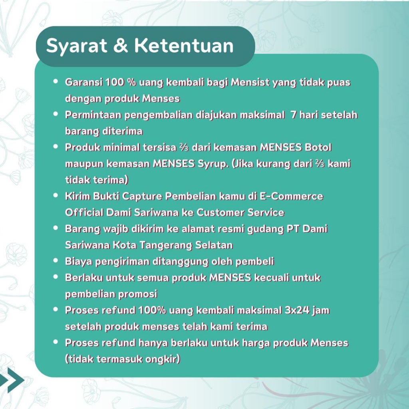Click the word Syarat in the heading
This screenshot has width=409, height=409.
pyautogui.click(x=76, y=46)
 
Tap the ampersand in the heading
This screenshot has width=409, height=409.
pyautogui.click(x=121, y=46)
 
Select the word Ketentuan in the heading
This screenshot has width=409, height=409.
pyautogui.click(x=184, y=46)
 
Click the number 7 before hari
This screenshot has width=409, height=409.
pyautogui.click(x=294, y=115)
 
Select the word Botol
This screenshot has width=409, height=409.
pyautogui.click(x=318, y=147)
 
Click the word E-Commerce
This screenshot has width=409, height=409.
pyautogui.click(x=291, y=196)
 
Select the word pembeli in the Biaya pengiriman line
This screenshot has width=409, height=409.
pyautogui.click(x=255, y=262)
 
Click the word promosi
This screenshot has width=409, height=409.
pyautogui.click(x=138, y=294)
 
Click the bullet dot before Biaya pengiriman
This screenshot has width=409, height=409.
pyautogui.click(x=56, y=260)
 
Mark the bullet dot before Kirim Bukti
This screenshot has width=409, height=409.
pyautogui.click(x=56, y=195)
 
